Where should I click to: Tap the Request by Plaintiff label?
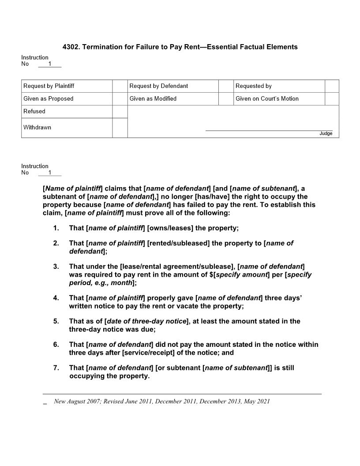click(49, 86)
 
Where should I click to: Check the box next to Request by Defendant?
click(226, 86)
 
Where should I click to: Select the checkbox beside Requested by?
click(332, 86)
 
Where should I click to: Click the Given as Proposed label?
click(48, 98)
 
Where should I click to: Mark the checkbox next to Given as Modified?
click(226, 98)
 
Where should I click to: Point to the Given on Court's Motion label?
click(267, 98)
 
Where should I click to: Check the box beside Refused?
click(120, 112)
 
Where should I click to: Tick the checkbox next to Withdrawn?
click(120, 128)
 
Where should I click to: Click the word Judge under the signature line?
click(326, 134)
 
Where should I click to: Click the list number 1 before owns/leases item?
click(56, 228)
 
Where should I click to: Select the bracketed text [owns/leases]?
click(170, 228)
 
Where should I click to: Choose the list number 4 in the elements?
click(56, 298)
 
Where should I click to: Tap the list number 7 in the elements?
click(56, 368)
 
